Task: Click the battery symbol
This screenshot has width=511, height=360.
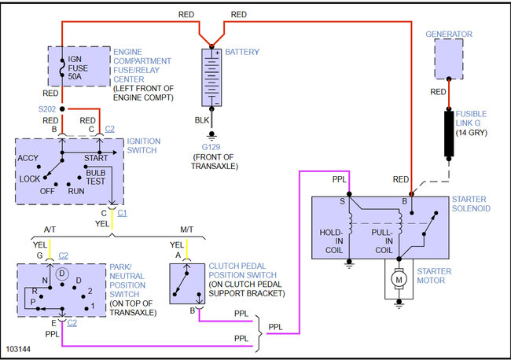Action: coord(211,78)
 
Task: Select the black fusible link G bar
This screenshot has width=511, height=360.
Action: coord(449,134)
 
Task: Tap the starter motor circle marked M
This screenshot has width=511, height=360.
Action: coord(399,279)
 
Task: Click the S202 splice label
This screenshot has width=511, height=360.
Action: coord(47,109)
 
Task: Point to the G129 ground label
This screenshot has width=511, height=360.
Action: coord(211,147)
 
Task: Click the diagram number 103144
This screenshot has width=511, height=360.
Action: coord(18,349)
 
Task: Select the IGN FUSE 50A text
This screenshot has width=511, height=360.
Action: coord(78,68)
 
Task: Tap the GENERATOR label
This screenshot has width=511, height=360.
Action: coord(449,35)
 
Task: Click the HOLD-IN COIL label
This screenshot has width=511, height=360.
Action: coord(331,241)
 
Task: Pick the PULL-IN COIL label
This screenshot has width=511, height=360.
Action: coord(382,241)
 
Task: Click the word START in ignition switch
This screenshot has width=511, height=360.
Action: coord(96,158)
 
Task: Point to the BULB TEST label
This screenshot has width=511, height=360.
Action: coord(95,177)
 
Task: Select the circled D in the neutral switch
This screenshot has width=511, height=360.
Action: coord(62,274)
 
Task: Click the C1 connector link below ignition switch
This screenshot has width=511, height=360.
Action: coord(122,213)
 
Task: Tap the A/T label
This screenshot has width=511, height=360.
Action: coord(50,230)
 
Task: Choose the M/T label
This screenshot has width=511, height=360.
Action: coord(187,230)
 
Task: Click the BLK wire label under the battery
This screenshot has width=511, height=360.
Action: coord(202,120)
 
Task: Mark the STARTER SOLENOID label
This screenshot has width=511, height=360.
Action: coord(471,204)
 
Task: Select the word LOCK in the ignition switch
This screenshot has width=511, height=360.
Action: coord(30,179)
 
